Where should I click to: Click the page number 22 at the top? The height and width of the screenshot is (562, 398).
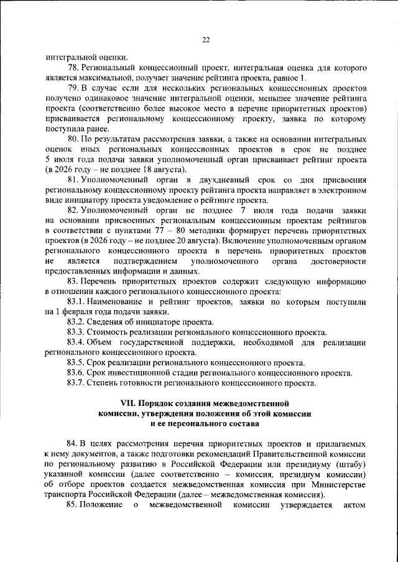coord(205,40)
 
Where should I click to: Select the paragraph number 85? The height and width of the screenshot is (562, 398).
coord(75,505)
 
